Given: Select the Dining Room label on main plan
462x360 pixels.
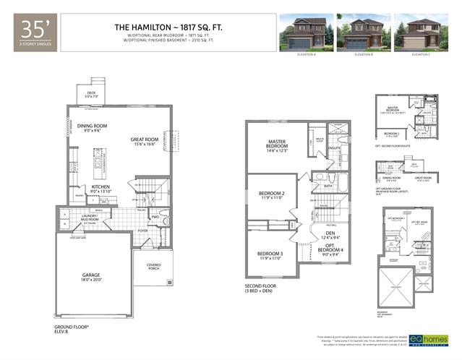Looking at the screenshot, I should (x=92, y=128).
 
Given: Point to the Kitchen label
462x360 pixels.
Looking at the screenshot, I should (x=100, y=189).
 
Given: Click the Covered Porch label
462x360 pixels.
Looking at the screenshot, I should (x=153, y=267).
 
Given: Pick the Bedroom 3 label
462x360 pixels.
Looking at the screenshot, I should (x=270, y=255).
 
